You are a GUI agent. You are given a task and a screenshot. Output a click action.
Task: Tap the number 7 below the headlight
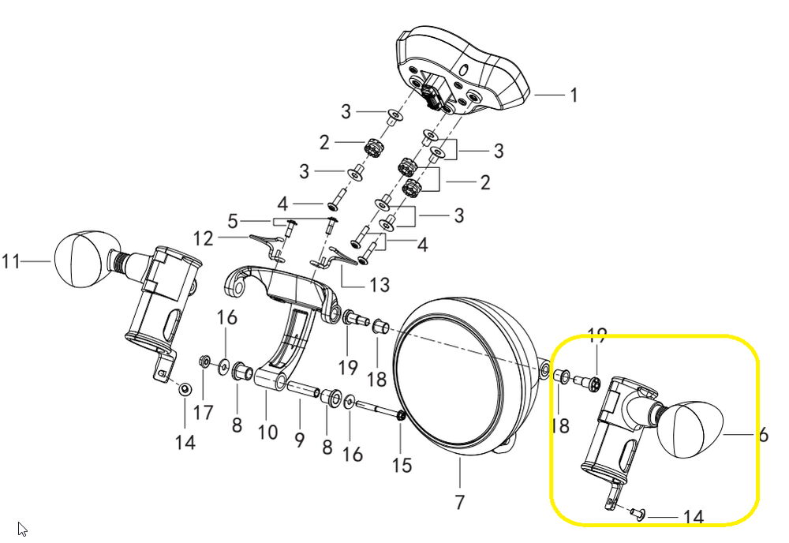459,501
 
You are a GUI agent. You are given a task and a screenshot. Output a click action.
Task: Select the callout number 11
11,260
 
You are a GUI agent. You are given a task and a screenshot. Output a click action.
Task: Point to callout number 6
764,435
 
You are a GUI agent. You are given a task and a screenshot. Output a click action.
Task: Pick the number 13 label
380,283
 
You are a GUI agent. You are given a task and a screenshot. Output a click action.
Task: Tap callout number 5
232,219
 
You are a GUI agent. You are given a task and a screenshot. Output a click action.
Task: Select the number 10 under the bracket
268,432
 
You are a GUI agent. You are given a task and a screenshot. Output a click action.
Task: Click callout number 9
300,440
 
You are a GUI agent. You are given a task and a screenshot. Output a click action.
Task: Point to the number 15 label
402,466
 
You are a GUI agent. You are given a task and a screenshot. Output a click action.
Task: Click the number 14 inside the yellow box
694,518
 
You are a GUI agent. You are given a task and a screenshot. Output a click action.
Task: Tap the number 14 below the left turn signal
185,442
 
